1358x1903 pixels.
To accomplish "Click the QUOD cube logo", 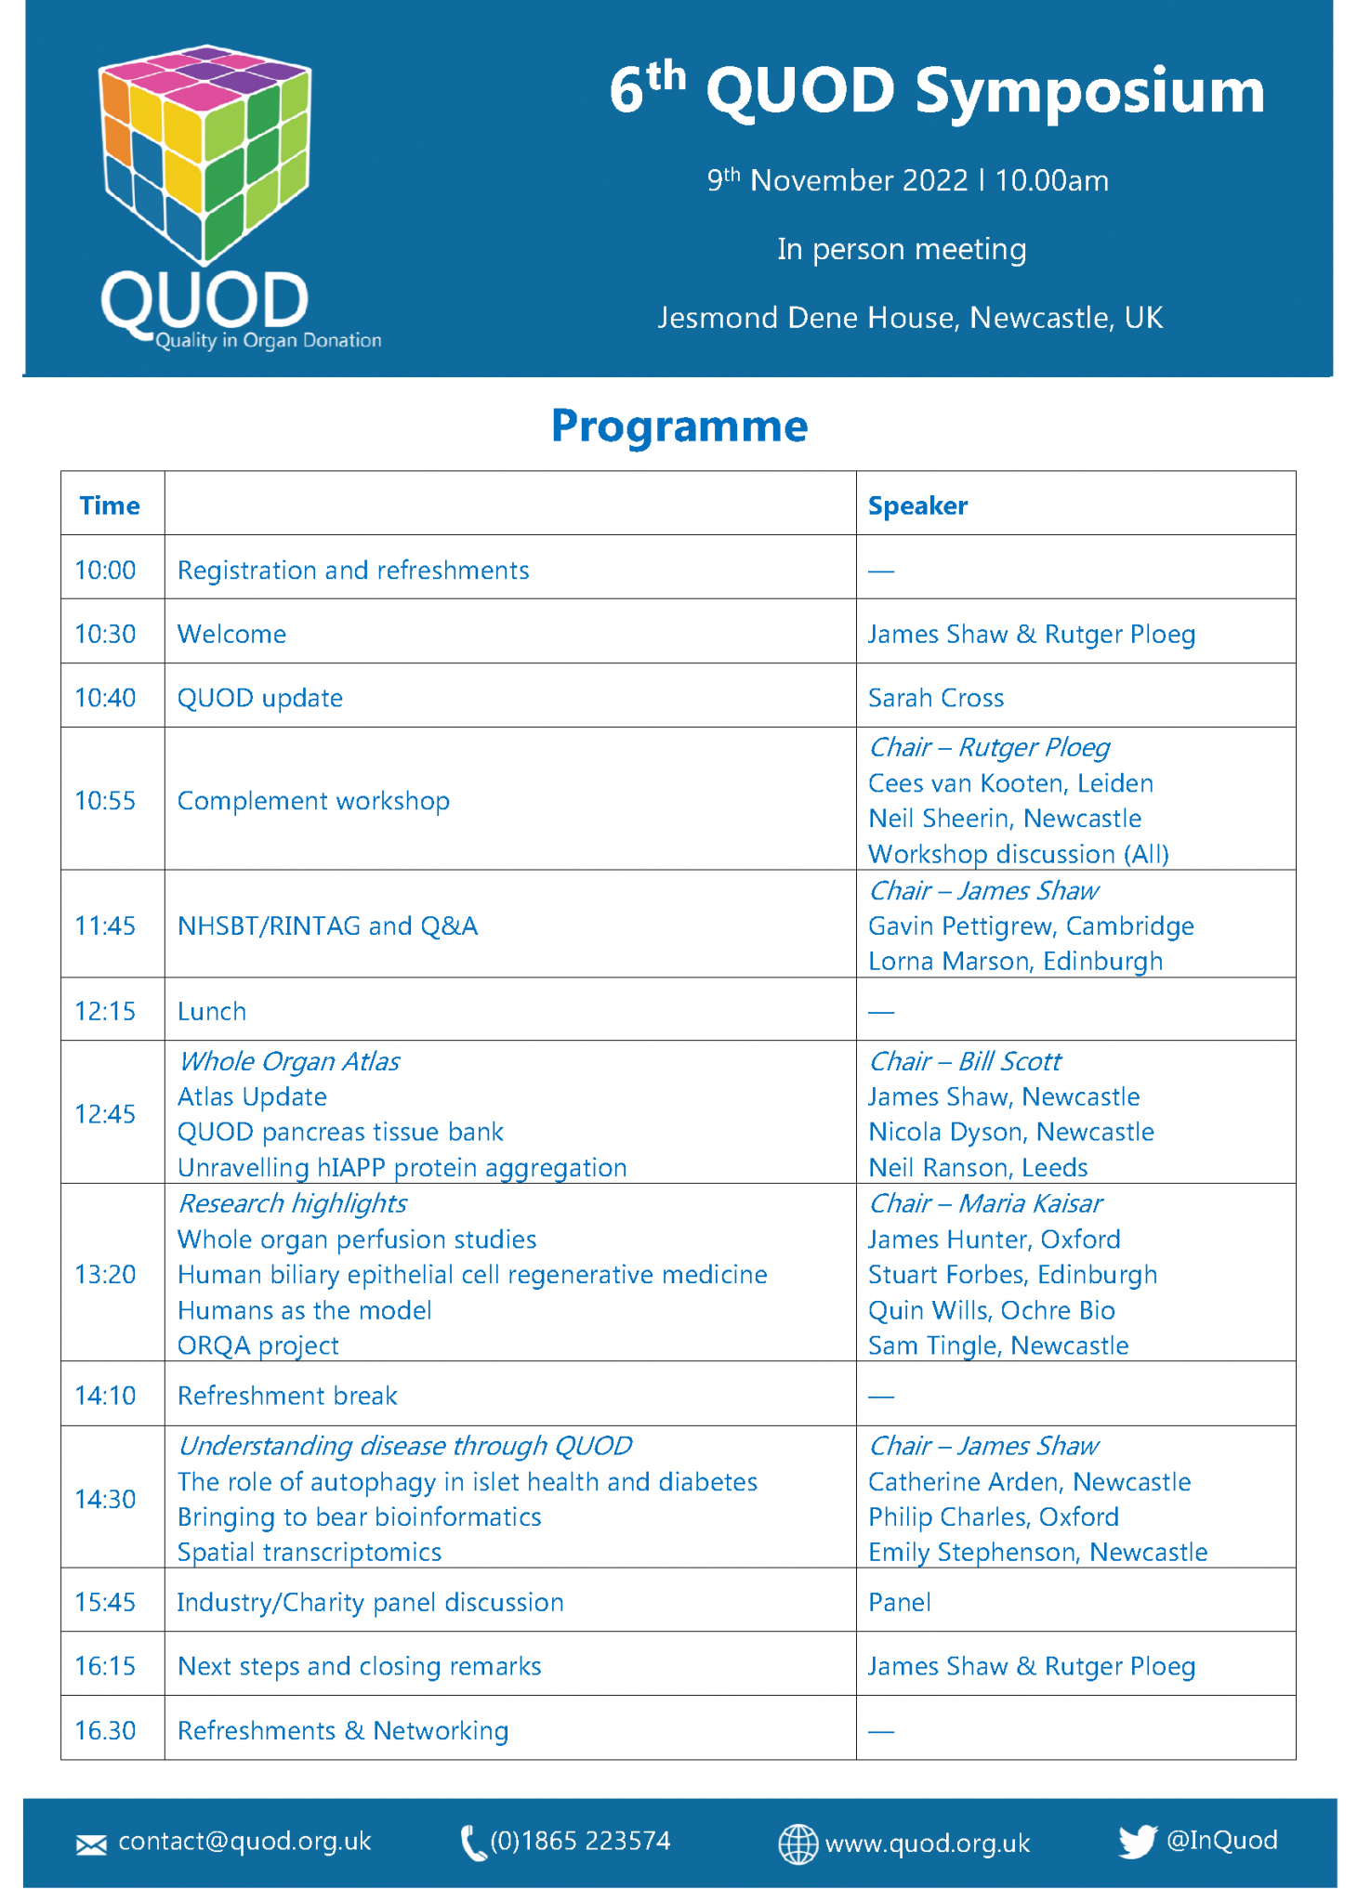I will point(204,153).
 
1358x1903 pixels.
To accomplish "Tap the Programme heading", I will point(679,427).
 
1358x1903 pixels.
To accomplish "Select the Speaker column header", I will point(917,505).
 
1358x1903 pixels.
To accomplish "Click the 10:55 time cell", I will point(105,800).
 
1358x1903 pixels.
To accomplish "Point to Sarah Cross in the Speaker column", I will point(935,698).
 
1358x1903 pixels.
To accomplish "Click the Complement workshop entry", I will point(313,800).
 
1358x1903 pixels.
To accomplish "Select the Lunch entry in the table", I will point(212,1011).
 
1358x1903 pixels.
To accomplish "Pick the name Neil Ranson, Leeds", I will point(977,1167).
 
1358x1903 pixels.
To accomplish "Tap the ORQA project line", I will point(257,1345).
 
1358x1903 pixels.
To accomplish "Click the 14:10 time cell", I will point(105,1396).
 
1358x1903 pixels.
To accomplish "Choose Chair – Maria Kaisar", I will point(984,1203).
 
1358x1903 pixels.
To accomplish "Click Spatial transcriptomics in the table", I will point(310,1552).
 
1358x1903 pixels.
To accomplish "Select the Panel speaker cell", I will point(899,1602).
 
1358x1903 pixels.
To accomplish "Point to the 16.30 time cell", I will point(105,1730).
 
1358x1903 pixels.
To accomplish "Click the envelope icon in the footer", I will point(91,1844).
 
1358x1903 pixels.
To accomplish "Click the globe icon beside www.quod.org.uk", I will point(798,1844).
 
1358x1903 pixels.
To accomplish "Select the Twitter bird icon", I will point(1137,1841).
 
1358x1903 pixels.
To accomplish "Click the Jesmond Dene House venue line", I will point(910,318).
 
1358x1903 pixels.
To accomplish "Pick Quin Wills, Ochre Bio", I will point(991,1310).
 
